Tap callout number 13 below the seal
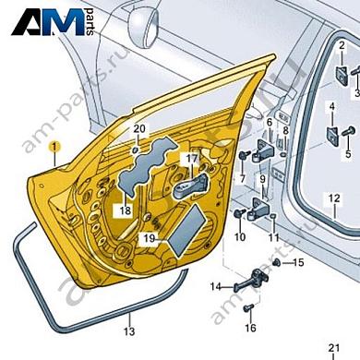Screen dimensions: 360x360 pyautogui.click(x=129, y=330)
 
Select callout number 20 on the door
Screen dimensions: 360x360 pyautogui.click(x=139, y=128)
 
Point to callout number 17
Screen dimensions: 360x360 pyautogui.click(x=191, y=159)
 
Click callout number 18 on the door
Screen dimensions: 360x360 pyautogui.click(x=125, y=210)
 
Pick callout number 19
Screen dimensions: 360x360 pyautogui.click(x=149, y=238)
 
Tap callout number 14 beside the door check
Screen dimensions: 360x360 pyautogui.click(x=214, y=287)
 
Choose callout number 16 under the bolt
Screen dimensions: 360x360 pyautogui.click(x=249, y=328)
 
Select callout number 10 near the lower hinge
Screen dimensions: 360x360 pyautogui.click(x=239, y=237)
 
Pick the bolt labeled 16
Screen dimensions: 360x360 pyautogui.click(x=248, y=304)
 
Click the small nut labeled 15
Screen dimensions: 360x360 pyautogui.click(x=277, y=264)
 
